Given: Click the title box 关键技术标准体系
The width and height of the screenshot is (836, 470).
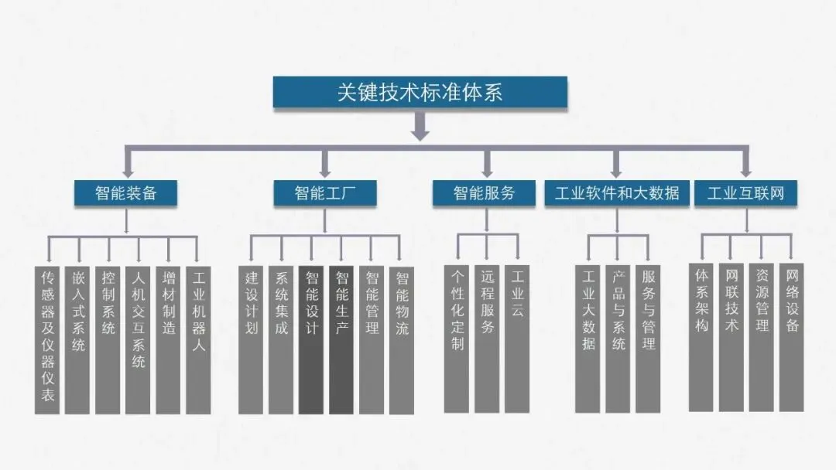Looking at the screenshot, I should [x=420, y=93].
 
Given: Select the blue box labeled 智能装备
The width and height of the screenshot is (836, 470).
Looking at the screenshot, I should [x=125, y=192].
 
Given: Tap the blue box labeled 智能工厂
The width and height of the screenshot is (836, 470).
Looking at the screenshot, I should [x=325, y=192].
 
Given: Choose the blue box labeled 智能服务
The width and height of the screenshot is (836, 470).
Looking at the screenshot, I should [x=484, y=192].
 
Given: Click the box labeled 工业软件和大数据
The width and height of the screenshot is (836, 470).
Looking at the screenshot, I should [x=617, y=192].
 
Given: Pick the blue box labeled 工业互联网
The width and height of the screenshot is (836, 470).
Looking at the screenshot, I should [x=745, y=192].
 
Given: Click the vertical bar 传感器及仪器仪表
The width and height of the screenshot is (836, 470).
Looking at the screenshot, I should [x=48, y=340].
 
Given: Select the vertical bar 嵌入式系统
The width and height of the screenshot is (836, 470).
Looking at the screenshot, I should [x=78, y=340].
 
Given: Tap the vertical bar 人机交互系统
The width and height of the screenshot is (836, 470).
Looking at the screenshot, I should [x=138, y=340].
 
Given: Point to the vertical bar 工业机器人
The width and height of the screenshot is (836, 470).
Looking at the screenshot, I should [x=198, y=340].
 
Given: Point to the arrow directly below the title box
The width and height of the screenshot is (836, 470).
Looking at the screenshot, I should [x=420, y=126].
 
